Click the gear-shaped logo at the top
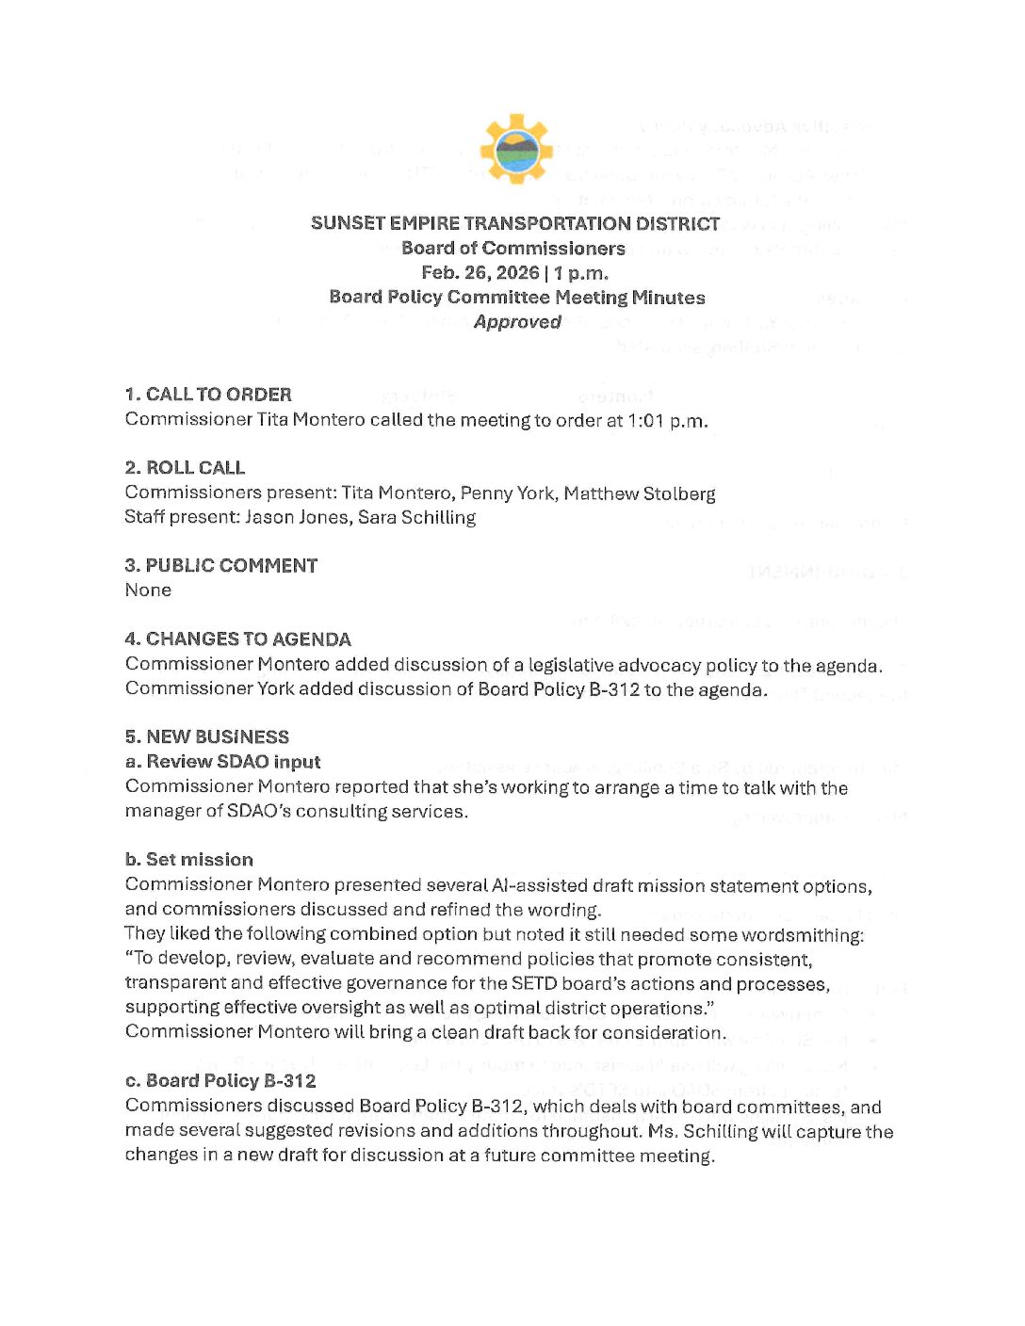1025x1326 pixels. (x=514, y=149)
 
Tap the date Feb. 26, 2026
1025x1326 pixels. (x=480, y=273)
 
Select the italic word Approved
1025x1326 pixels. (x=517, y=322)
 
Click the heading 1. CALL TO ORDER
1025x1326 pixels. (x=208, y=395)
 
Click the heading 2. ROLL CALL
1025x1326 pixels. (x=185, y=468)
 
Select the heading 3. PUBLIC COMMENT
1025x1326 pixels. (x=220, y=566)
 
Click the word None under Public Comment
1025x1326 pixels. (x=148, y=590)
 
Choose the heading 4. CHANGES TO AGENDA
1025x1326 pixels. (x=237, y=639)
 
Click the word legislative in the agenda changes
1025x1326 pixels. (x=575, y=665)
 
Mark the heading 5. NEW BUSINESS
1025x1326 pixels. (x=206, y=737)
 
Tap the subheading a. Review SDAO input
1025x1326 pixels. (x=222, y=762)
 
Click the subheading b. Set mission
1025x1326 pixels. (x=188, y=860)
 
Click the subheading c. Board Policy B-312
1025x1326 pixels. (x=220, y=1081)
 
